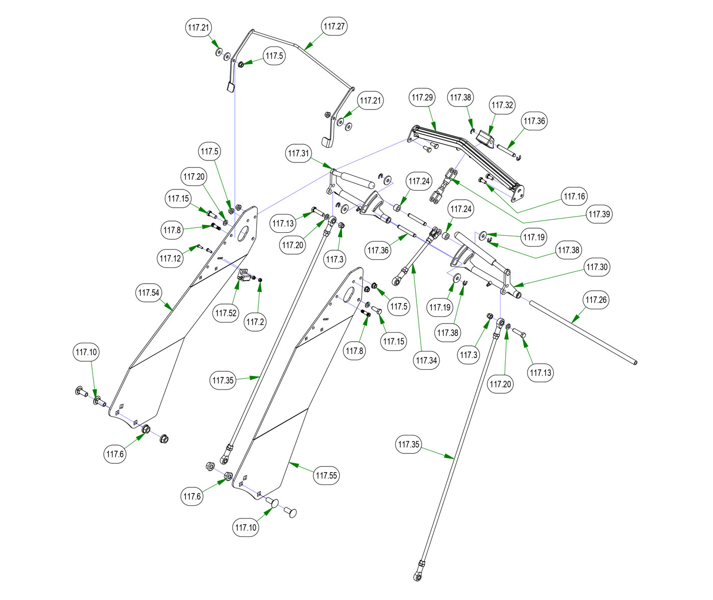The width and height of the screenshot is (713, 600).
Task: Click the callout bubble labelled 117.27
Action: [335, 26]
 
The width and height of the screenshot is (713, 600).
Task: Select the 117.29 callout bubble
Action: [422, 97]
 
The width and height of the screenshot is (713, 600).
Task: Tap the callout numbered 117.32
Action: [502, 105]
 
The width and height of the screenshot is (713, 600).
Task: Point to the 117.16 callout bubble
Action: [574, 196]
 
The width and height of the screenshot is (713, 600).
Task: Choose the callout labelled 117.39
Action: [599, 214]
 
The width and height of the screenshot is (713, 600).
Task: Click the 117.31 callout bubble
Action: [298, 153]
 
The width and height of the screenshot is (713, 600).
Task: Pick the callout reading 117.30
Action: [597, 267]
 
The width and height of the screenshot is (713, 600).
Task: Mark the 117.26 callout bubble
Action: [596, 300]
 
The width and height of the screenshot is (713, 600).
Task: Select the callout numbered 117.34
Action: [426, 361]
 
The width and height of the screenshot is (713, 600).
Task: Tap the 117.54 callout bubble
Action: [149, 293]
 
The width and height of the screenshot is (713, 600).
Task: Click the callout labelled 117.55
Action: [326, 476]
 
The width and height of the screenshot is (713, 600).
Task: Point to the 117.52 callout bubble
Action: [226, 313]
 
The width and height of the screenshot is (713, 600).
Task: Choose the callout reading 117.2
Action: [255, 322]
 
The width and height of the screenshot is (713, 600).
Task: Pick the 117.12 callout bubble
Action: [170, 259]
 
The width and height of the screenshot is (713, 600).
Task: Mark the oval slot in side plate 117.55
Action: [349, 294]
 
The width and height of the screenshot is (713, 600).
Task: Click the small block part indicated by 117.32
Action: [485, 137]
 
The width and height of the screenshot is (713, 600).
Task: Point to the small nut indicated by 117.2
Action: [260, 280]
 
